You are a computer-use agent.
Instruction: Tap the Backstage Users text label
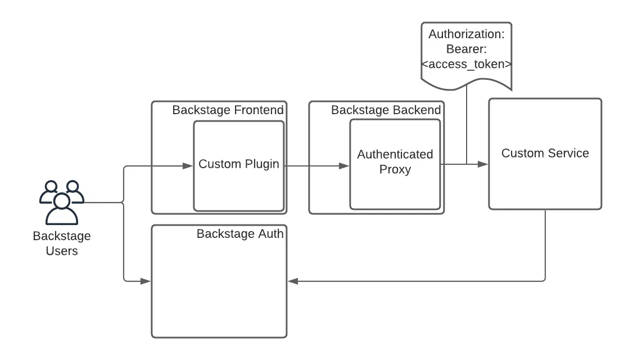[61, 244]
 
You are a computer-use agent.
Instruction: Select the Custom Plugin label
[239, 164]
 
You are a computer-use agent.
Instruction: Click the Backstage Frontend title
[228, 110]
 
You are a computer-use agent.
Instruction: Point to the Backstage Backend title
[386, 110]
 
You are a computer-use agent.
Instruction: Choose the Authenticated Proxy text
[395, 161]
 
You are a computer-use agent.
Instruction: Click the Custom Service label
[545, 153]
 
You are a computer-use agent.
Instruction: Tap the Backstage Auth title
[239, 233]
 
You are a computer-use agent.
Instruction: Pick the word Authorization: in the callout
[466, 34]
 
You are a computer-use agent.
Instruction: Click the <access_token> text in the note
[466, 64]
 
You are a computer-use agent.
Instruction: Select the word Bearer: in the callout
[466, 49]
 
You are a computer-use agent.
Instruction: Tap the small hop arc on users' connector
[124, 202]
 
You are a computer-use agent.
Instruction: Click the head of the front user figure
[61, 200]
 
